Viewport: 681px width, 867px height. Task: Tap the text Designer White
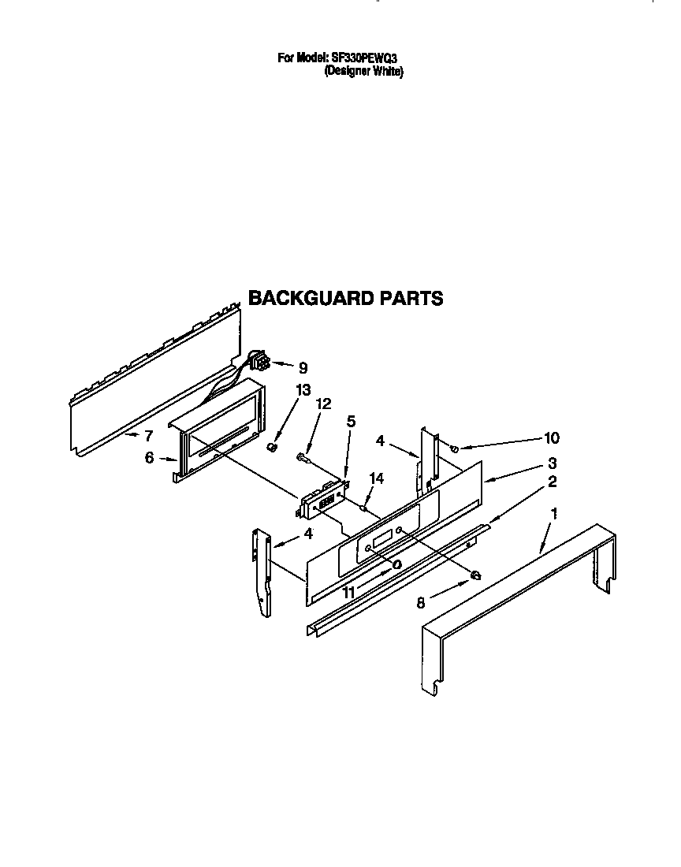pos(363,71)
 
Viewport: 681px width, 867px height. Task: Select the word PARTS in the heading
pos(411,298)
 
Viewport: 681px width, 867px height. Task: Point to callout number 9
pos(303,368)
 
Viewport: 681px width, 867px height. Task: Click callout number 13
pos(303,390)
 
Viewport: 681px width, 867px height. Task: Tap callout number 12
pos(323,404)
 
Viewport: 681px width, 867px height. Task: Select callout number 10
pos(552,438)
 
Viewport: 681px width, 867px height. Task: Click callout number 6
pos(149,458)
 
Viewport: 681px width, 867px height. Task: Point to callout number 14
pos(377,478)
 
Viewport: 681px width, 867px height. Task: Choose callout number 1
pos(554,514)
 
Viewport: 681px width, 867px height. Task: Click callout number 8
pos(421,603)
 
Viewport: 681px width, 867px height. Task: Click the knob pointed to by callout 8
pos(474,576)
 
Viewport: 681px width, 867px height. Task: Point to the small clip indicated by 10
pos(453,448)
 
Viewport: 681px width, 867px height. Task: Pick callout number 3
pos(552,463)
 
